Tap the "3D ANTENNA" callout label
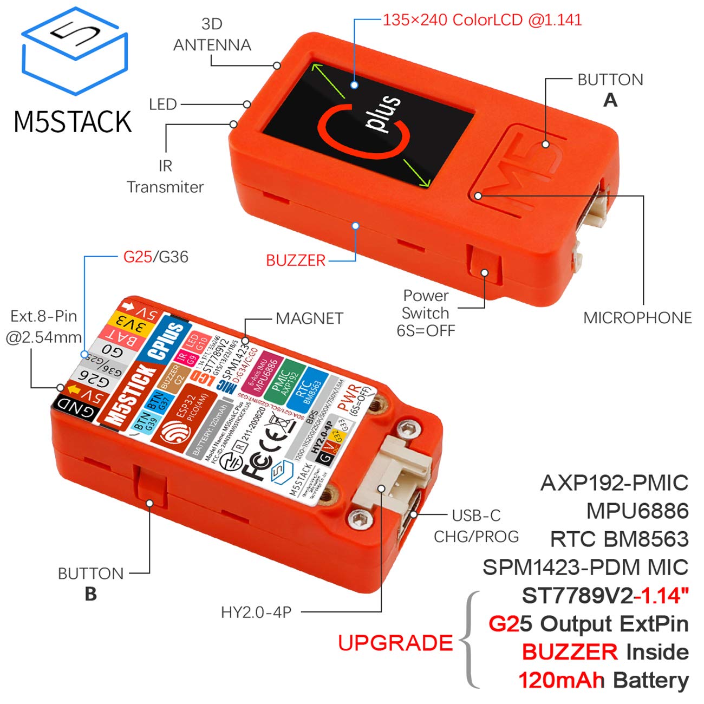pos(212,34)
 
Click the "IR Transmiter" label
pos(165,176)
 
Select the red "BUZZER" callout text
pos(296,260)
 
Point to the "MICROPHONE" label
pos(637,317)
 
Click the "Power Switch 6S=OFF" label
pos(426,313)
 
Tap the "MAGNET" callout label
pos(309,318)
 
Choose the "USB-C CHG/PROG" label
pos(476,526)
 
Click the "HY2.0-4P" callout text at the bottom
pos(256,612)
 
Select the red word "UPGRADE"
pos(395,643)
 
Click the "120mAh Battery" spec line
pos(603,680)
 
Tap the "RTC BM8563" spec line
pos(619,539)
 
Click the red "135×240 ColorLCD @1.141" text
pos(482,20)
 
